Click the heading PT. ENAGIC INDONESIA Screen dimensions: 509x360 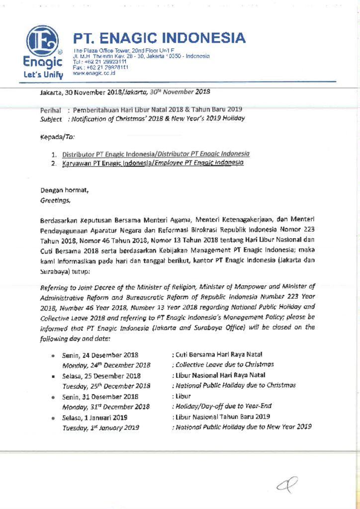pyautogui.click(x=160, y=38)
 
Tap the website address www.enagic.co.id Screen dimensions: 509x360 pyautogui.click(x=94, y=73)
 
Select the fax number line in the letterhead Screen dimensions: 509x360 pyautogui.click(x=99, y=67)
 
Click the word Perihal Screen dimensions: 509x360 pyautogui.click(x=50, y=109)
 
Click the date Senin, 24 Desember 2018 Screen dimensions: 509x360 pyautogui.click(x=100, y=355)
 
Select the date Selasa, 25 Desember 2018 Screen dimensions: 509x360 pyautogui.click(x=101, y=376)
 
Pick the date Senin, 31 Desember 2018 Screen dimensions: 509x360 pyautogui.click(x=100, y=397)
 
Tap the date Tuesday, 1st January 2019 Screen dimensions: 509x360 pyautogui.click(x=100, y=427)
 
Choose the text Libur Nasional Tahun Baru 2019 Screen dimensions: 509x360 pyautogui.click(x=221, y=417)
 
